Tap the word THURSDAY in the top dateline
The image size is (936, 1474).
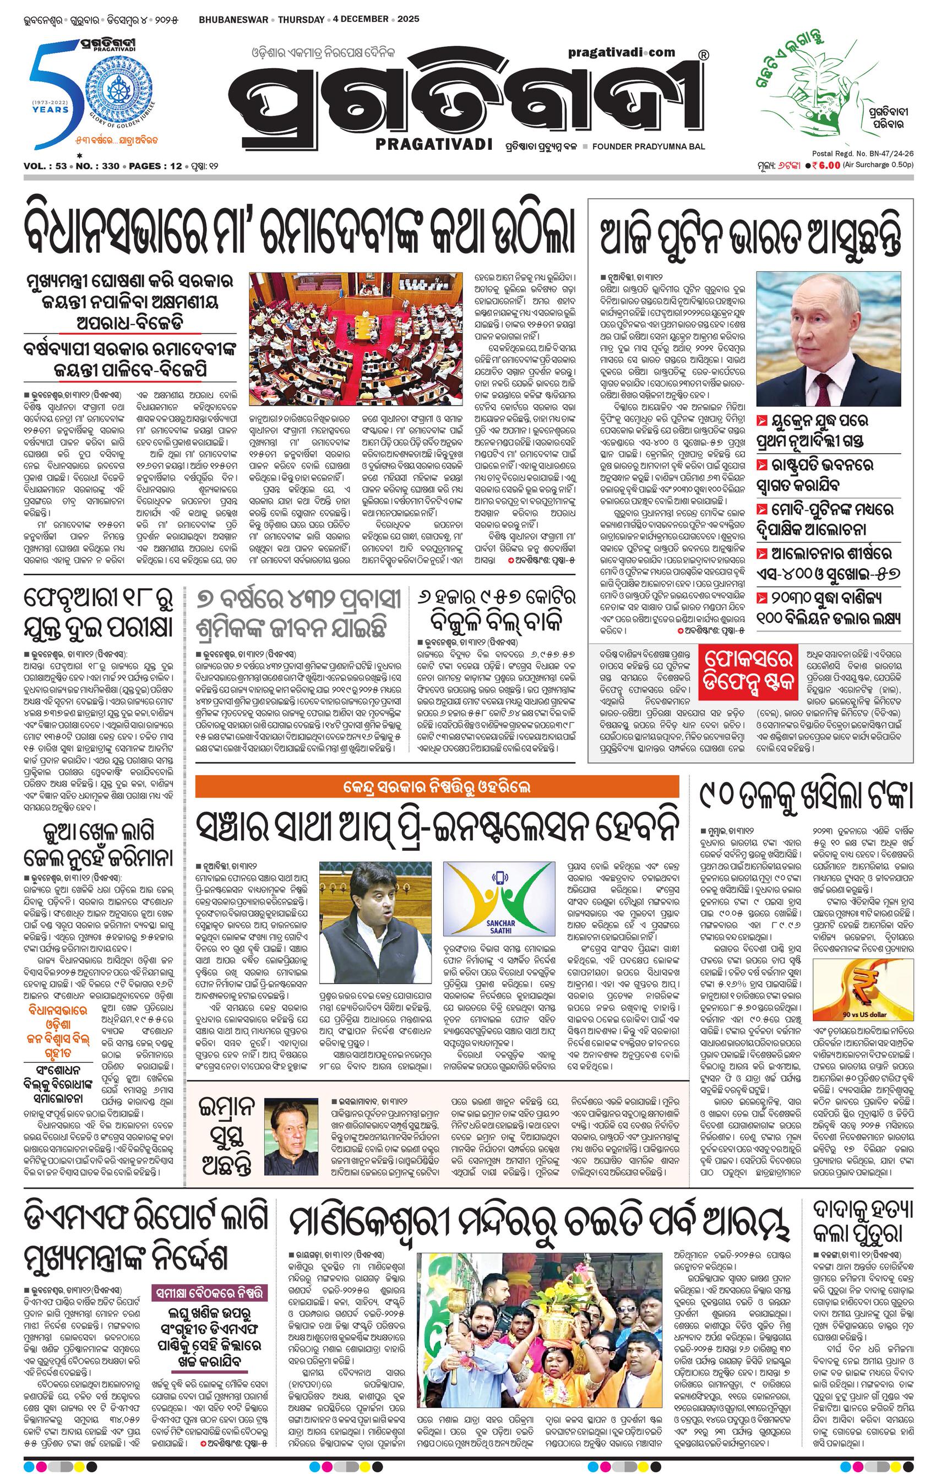301,19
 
